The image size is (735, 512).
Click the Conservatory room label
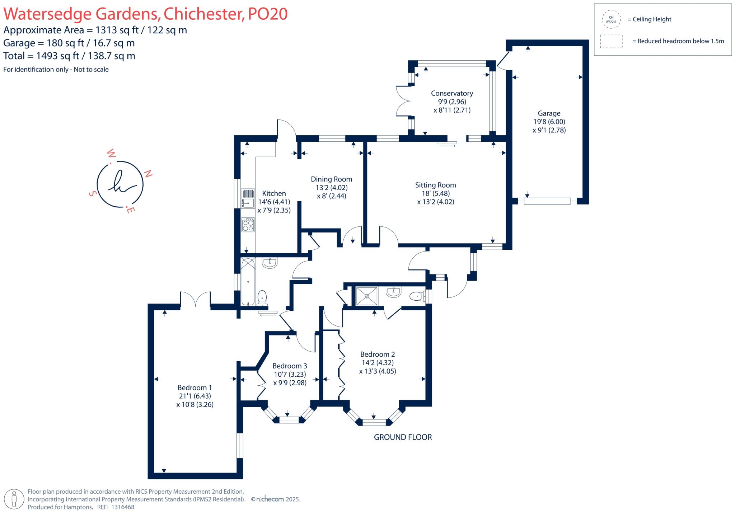click(452, 93)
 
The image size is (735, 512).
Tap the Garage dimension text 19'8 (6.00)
click(549, 122)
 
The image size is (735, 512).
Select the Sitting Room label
click(435, 185)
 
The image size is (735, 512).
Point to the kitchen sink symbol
click(248, 198)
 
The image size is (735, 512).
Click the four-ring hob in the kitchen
click(248, 225)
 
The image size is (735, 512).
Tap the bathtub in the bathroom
click(248, 282)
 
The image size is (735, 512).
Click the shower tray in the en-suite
click(366, 296)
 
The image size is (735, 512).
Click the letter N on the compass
click(148, 174)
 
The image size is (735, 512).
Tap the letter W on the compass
click(111, 154)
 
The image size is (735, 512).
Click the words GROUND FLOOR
click(403, 437)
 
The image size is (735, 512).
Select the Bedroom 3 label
click(290, 366)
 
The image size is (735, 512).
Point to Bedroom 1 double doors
click(195, 300)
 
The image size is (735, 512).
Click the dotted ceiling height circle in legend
click(611, 19)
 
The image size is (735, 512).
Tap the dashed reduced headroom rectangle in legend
click(611, 41)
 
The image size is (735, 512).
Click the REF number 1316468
click(123, 507)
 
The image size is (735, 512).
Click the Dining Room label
click(331, 179)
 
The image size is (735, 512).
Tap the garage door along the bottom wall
click(547, 201)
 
